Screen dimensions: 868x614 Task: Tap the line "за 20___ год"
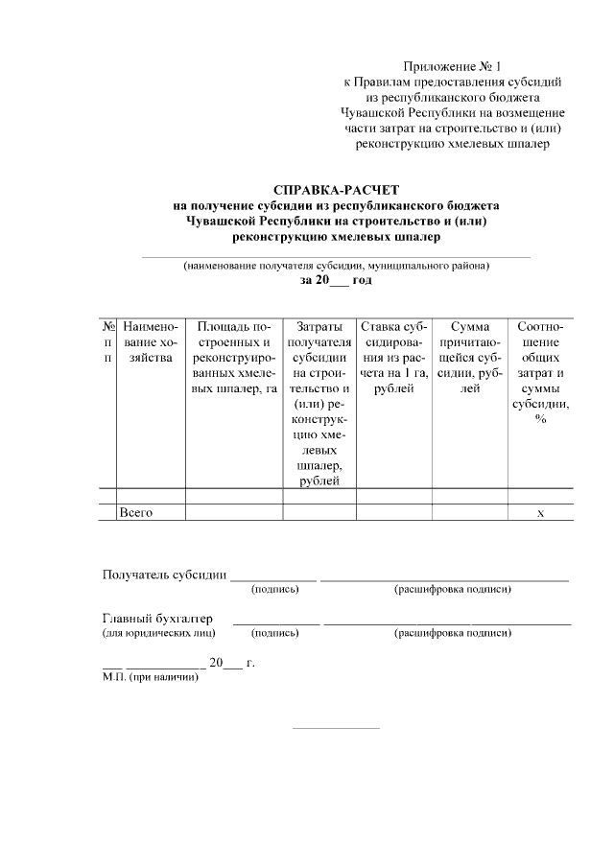click(335, 280)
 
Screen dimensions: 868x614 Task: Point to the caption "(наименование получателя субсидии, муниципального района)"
click(336, 266)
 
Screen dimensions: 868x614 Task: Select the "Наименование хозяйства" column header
click(151, 343)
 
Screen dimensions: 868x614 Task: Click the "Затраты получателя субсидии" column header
click(319, 404)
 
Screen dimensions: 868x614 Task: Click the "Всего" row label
click(136, 512)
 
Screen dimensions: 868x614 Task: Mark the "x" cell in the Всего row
click(540, 513)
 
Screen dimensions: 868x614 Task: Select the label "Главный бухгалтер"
click(158, 619)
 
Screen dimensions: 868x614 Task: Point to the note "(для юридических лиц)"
click(158, 633)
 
